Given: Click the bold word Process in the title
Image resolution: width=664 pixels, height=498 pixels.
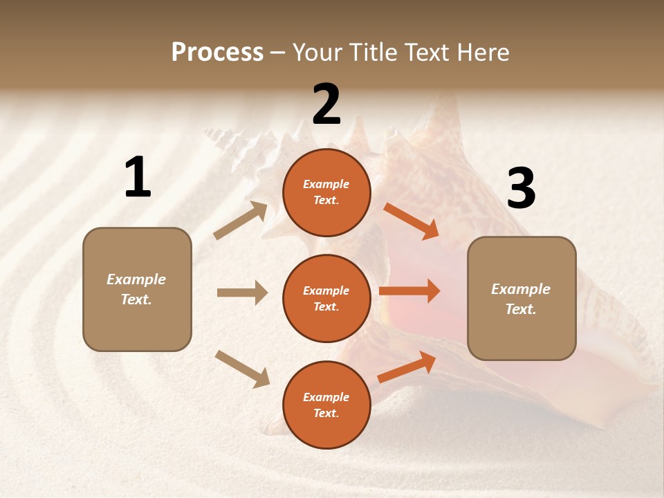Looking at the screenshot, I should (217, 53).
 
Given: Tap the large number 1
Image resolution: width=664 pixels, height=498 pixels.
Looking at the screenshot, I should (138, 177).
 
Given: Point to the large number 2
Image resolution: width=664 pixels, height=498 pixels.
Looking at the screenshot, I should (326, 104).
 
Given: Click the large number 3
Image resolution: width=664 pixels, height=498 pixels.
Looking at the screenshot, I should (521, 188).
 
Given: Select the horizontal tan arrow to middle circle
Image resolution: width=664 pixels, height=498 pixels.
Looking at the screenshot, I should (242, 293).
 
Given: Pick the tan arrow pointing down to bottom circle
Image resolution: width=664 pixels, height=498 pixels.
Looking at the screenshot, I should (242, 369).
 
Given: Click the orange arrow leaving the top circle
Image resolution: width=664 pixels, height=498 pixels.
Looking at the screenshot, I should (412, 221).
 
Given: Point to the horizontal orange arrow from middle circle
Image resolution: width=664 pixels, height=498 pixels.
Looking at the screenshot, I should (409, 291).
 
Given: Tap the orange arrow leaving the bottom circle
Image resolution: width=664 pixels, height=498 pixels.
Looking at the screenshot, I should (407, 367).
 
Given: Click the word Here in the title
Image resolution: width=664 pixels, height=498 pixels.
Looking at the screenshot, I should (483, 53).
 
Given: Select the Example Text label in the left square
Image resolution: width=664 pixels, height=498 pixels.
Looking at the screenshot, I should (136, 289).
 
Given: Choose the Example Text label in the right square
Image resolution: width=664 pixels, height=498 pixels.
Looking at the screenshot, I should (521, 299).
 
